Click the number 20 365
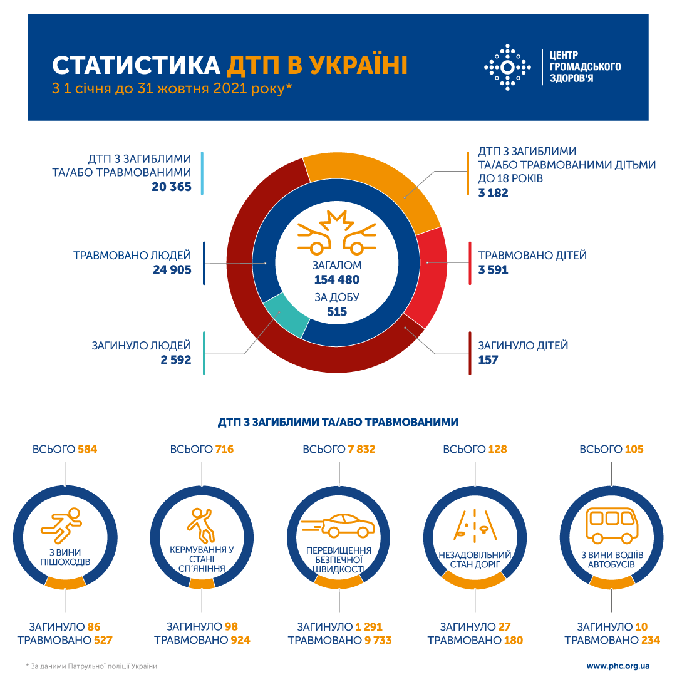pyautogui.click(x=171, y=187)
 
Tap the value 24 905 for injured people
pyautogui.click(x=171, y=270)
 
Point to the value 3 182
pyautogui.click(x=494, y=193)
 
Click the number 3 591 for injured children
pyautogui.click(x=494, y=270)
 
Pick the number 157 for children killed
pyautogui.click(x=488, y=359)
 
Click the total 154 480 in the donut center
pyautogui.click(x=337, y=279)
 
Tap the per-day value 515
pyautogui.click(x=337, y=311)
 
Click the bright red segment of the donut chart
pyautogui.click(x=427, y=276)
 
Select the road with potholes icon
pyautogui.click(x=475, y=525)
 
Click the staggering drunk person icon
pyautogui.click(x=201, y=525)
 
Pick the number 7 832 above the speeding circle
pyautogui.click(x=361, y=449)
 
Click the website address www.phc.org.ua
pyautogui.click(x=618, y=666)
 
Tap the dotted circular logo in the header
pyautogui.click(x=508, y=66)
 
